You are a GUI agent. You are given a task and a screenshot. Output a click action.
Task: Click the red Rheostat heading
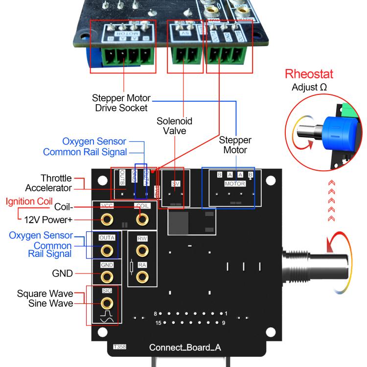309,74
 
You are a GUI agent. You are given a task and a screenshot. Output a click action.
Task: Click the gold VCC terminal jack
105,219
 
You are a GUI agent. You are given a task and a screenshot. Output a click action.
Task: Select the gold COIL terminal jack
142,219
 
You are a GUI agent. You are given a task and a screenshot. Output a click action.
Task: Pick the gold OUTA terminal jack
105,250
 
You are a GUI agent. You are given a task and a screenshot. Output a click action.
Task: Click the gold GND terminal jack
105,276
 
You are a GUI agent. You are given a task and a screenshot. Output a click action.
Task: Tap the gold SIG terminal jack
105,303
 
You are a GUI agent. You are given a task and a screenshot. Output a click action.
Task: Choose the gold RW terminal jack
142,251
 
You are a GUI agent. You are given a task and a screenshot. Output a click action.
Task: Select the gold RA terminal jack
142,277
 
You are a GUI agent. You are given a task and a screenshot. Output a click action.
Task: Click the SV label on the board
176,183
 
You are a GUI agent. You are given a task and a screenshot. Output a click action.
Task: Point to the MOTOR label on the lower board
234,183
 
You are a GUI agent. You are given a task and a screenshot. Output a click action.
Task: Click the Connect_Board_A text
185,347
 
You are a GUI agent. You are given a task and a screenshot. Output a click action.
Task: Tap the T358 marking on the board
119,346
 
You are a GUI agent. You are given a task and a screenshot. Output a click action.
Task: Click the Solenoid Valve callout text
174,125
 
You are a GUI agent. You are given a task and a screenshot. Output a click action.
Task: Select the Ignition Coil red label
29,201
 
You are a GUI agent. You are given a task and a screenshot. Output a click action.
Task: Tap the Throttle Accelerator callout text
48,183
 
